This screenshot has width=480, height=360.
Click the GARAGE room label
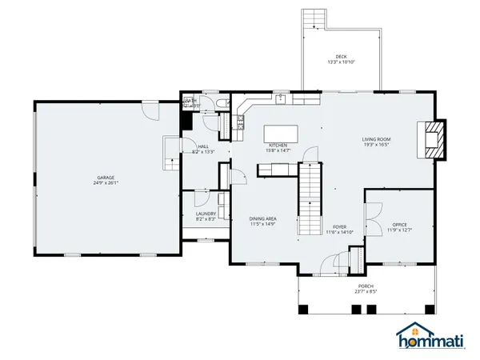(106, 177)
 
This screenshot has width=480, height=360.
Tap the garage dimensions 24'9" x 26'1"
(106, 182)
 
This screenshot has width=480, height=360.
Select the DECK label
(342, 57)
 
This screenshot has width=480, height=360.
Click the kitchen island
(282, 132)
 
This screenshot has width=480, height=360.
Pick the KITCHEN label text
(278, 146)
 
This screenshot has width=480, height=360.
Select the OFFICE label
(399, 225)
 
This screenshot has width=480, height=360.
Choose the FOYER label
(339, 226)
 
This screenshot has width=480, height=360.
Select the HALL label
(203, 146)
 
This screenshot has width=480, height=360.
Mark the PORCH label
(366, 286)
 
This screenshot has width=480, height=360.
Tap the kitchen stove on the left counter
(239, 122)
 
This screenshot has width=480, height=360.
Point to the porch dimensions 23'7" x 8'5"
(366, 292)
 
